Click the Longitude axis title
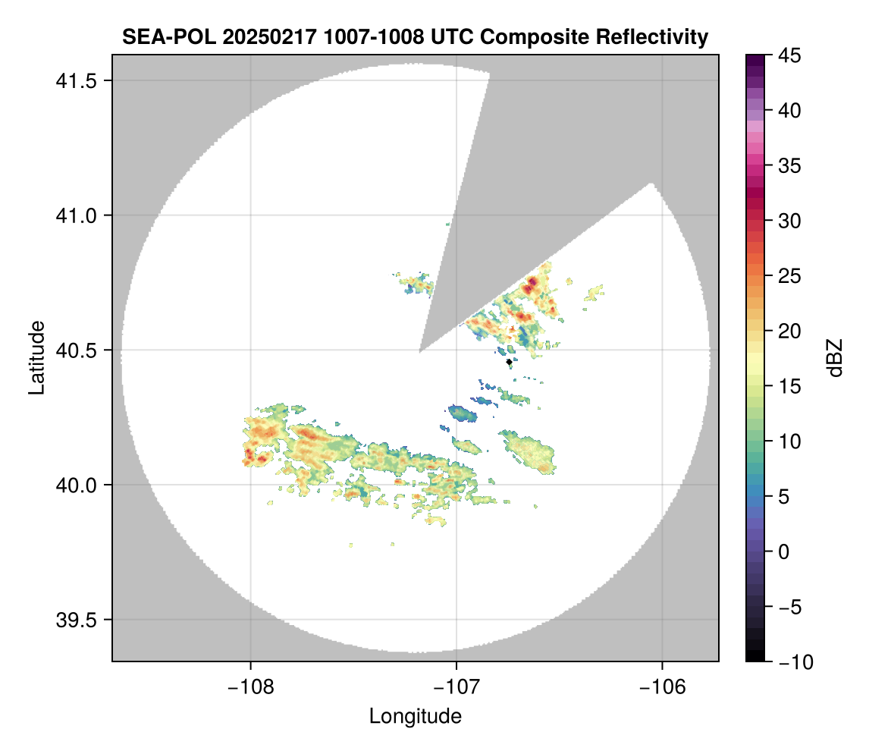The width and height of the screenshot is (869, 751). click(416, 715)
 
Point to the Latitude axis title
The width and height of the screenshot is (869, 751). click(36, 357)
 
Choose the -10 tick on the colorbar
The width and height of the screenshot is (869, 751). click(790, 662)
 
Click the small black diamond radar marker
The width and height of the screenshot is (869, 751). click(509, 362)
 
